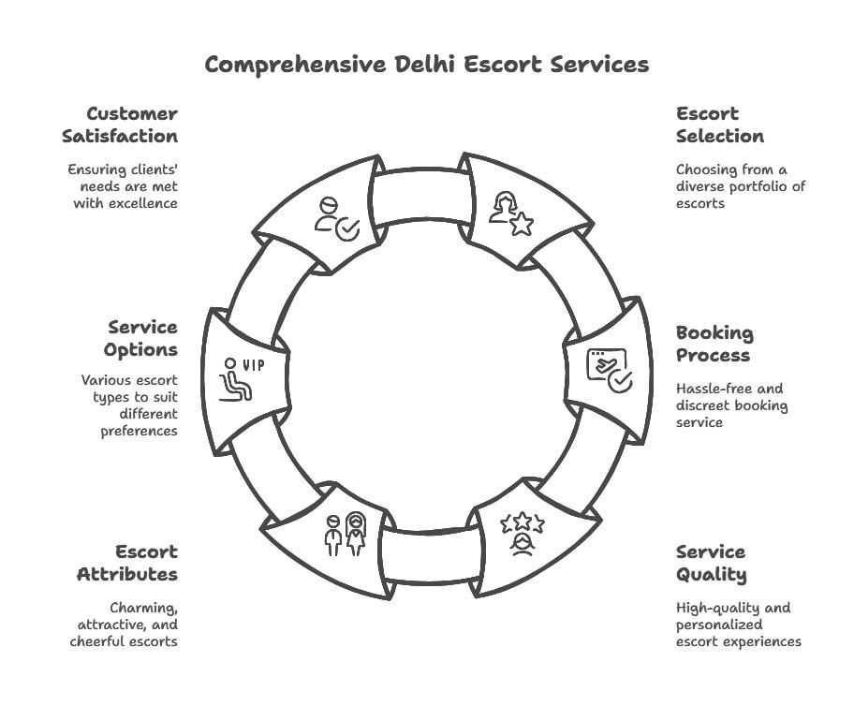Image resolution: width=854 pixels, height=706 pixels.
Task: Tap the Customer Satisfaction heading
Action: (120, 125)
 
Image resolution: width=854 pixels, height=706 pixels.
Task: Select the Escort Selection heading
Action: (720, 125)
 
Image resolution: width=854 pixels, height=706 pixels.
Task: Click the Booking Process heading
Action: (714, 344)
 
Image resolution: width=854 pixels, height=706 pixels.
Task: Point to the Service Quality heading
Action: (711, 564)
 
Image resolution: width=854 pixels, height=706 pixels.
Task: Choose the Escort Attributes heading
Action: (127, 563)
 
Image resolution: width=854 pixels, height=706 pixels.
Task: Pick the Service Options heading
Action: (141, 338)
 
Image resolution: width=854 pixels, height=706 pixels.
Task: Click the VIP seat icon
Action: (242, 379)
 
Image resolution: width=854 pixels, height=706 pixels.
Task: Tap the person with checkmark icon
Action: (337, 219)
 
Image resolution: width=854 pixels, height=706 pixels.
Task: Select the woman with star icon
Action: (511, 213)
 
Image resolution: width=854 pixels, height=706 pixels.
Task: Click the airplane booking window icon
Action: (610, 371)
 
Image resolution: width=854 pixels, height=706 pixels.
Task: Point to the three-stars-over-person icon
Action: (523, 534)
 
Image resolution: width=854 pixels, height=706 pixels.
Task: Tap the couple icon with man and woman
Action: (346, 534)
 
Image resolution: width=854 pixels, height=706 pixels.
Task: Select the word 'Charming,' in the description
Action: (144, 608)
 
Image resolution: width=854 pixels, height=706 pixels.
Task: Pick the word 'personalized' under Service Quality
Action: (719, 625)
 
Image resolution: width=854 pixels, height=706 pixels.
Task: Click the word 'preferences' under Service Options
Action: (140, 431)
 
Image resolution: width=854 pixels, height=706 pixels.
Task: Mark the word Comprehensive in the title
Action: (296, 65)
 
